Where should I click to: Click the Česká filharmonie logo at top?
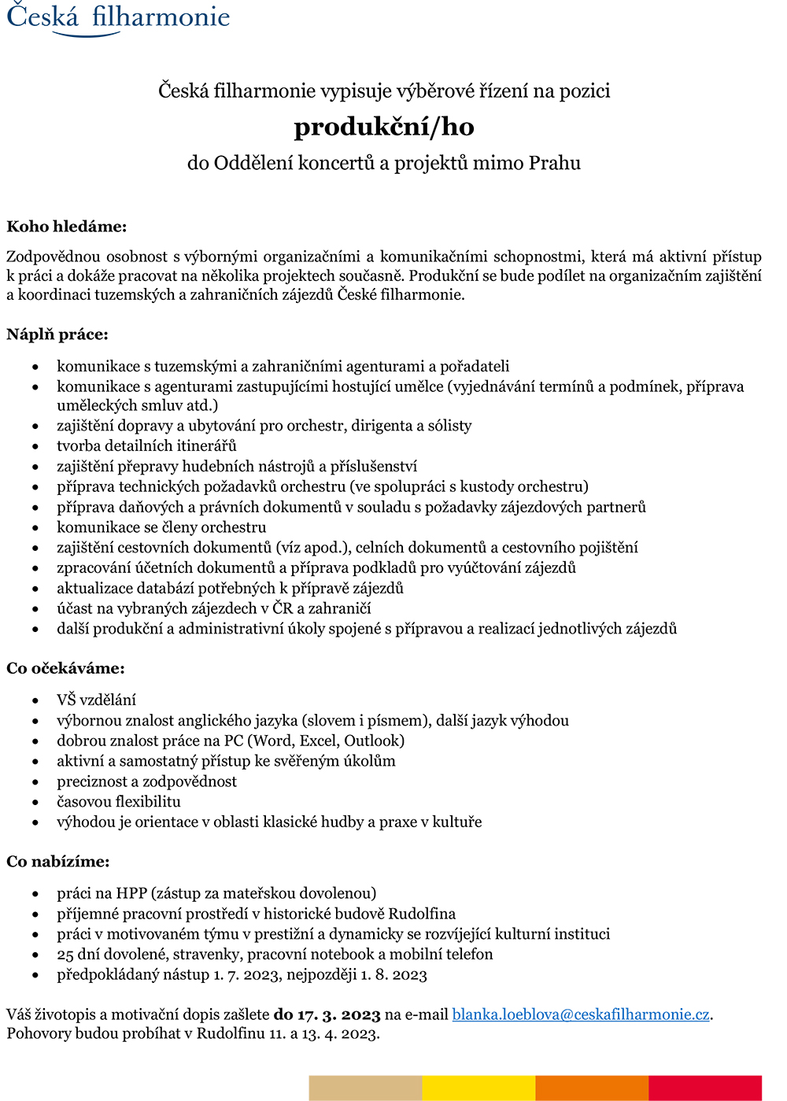[x=118, y=17]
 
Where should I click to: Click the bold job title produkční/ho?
[x=384, y=127]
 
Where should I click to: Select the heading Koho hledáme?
[x=66, y=227]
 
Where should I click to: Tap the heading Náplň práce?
[x=57, y=334]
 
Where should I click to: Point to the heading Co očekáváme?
[x=65, y=668]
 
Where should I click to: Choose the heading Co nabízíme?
[x=58, y=862]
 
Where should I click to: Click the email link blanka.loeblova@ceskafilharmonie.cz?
[x=581, y=1014]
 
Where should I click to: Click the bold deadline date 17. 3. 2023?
[x=338, y=1014]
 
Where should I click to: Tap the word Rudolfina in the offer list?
[x=422, y=914]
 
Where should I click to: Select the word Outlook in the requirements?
[x=374, y=741]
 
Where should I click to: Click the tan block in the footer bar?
[x=365, y=1088]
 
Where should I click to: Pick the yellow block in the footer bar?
[x=478, y=1088]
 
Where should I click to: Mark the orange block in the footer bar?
[x=592, y=1088]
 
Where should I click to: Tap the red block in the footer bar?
[x=705, y=1088]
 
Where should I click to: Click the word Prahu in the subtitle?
[x=554, y=163]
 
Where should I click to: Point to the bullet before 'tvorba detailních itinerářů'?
[x=35, y=447]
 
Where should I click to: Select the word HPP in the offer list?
[x=132, y=893]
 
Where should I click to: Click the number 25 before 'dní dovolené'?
[x=65, y=955]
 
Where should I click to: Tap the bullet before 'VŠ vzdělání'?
[x=35, y=700]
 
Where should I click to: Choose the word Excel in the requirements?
[x=318, y=741]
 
